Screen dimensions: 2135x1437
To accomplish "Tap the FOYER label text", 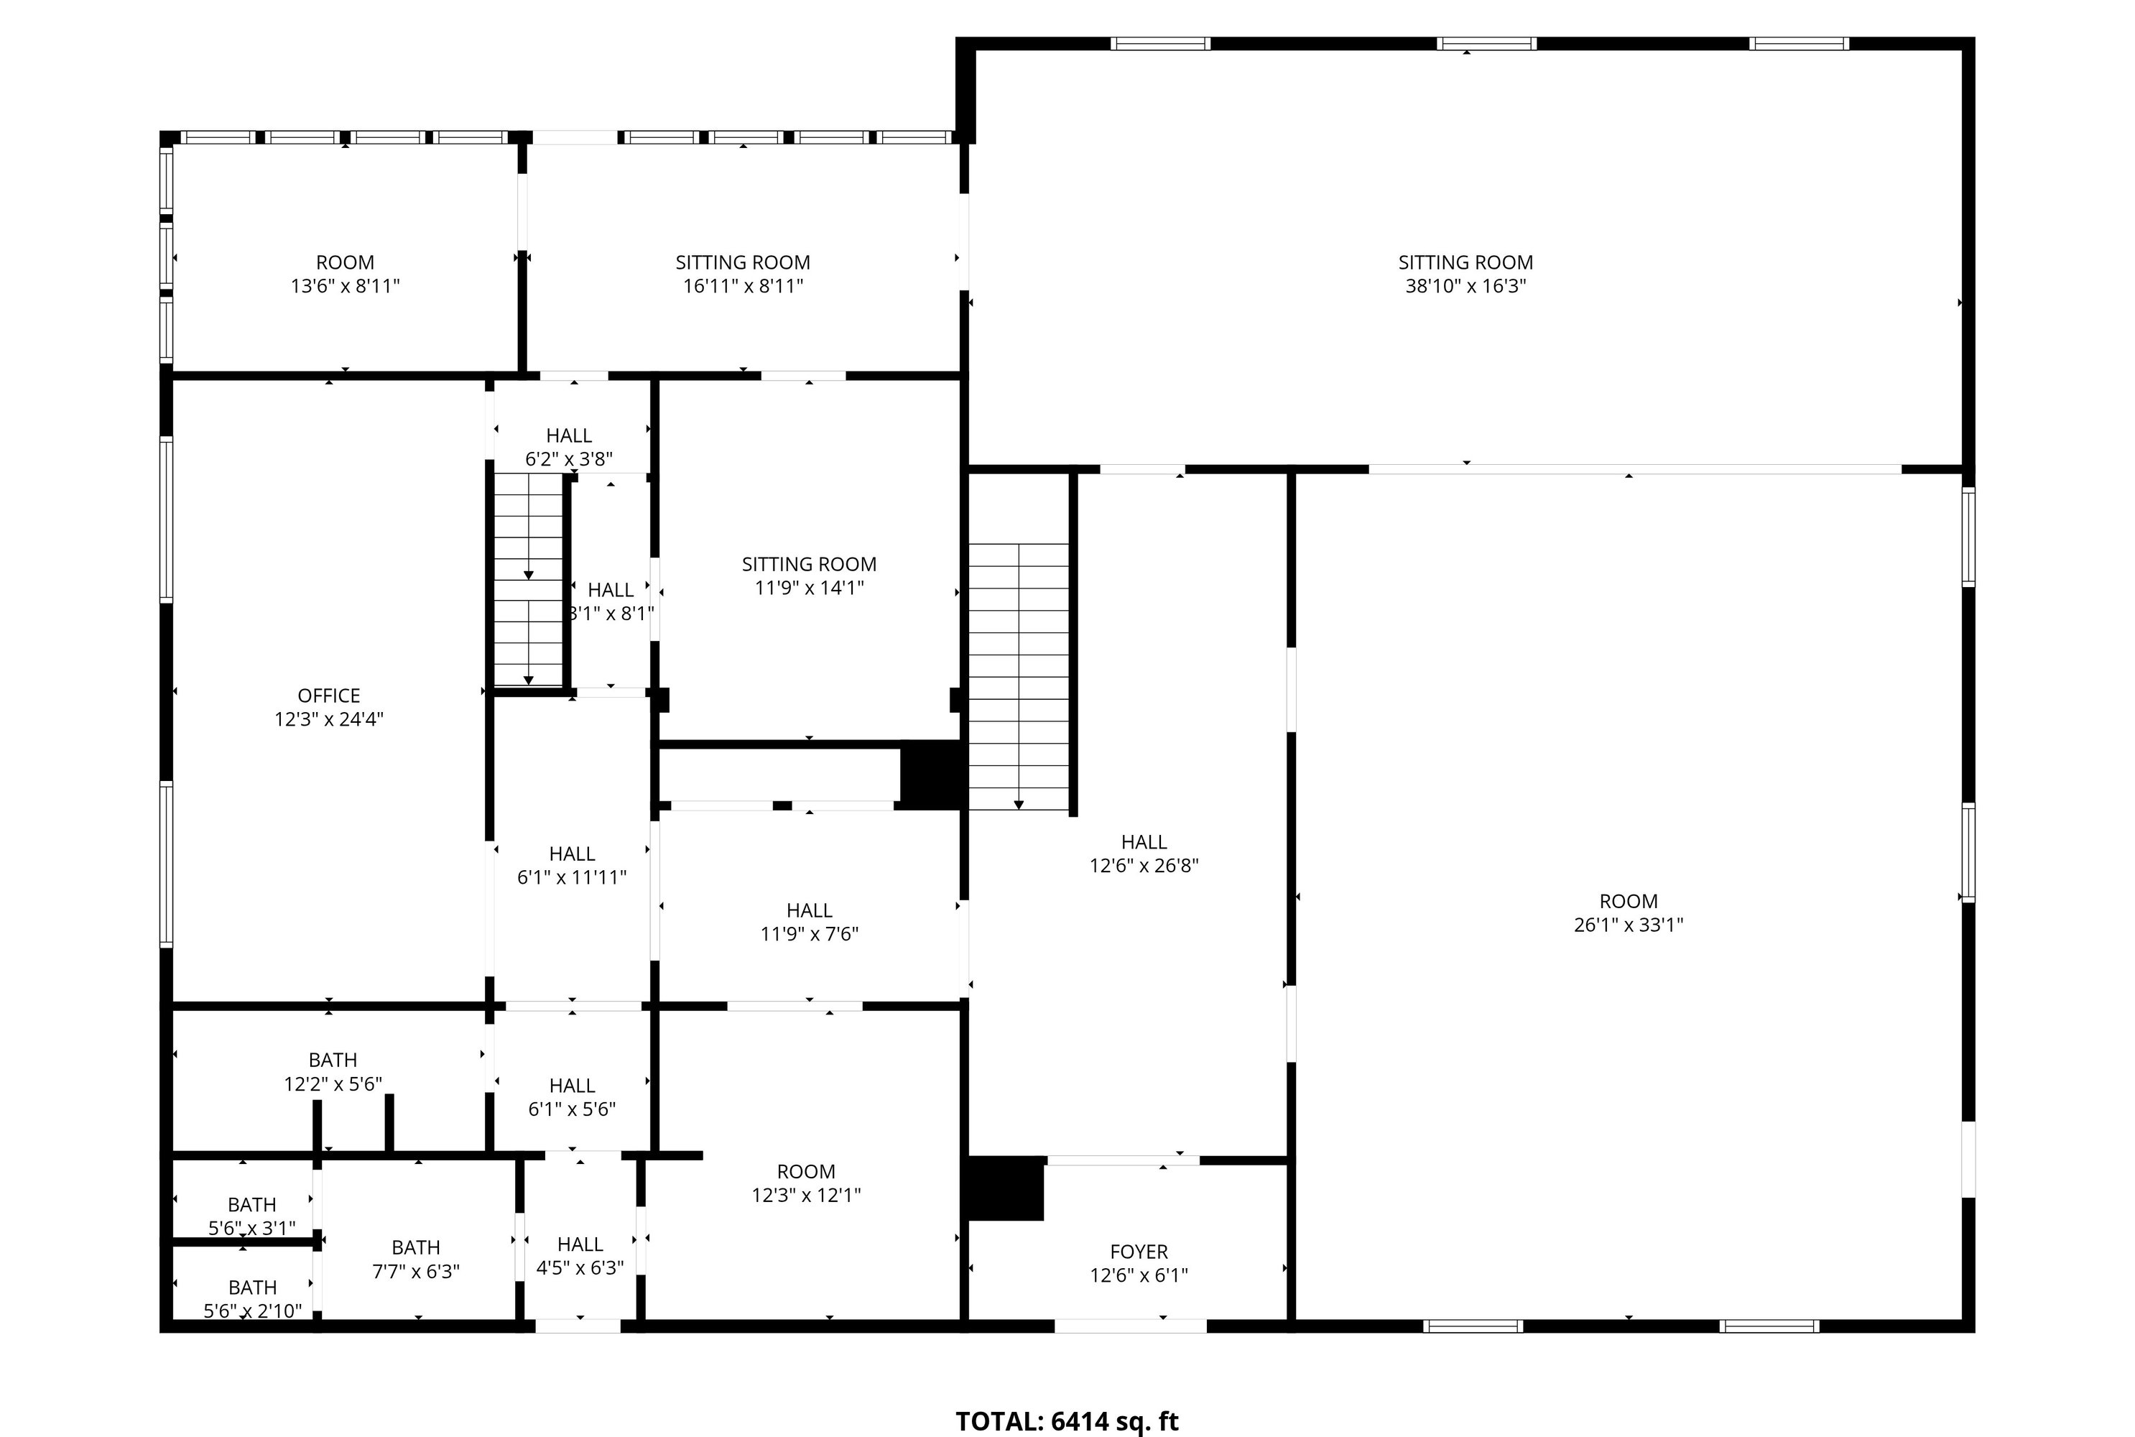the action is pyautogui.click(x=1139, y=1252).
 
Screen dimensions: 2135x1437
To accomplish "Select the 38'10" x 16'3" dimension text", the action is pyautogui.click(x=1466, y=286).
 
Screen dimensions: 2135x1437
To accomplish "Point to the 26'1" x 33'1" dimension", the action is pyautogui.click(x=1629, y=925).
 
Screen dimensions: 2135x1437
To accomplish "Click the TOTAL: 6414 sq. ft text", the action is pyautogui.click(x=1067, y=1421).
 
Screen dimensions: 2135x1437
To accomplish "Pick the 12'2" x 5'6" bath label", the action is pyautogui.click(x=333, y=1072).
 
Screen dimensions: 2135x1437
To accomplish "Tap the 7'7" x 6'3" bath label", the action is pyautogui.click(x=416, y=1260).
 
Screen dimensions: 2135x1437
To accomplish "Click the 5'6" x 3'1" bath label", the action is pyautogui.click(x=252, y=1217).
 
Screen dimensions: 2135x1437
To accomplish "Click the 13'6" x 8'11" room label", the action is pyautogui.click(x=346, y=274).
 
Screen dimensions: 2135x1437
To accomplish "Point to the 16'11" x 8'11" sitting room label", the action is pyautogui.click(x=743, y=274).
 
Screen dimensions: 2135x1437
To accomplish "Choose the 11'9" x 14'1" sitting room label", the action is pyautogui.click(x=809, y=576).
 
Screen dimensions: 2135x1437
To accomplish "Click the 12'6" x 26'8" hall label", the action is pyautogui.click(x=1144, y=854).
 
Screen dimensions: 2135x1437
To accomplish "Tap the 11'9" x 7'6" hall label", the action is pyautogui.click(x=809, y=922).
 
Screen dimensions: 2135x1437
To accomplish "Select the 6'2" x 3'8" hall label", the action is pyautogui.click(x=569, y=447).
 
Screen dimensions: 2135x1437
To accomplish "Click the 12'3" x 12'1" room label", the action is pyautogui.click(x=806, y=1183).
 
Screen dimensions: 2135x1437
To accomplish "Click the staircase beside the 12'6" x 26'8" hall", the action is pyautogui.click(x=1019, y=676).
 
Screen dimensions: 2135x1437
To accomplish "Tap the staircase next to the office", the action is pyautogui.click(x=529, y=579).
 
